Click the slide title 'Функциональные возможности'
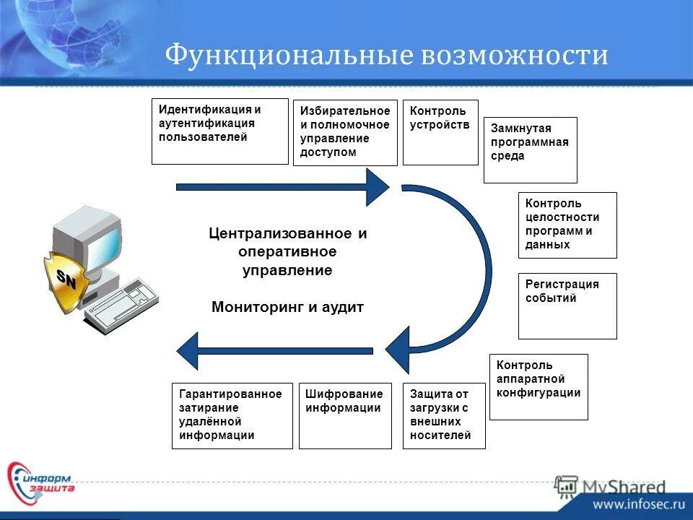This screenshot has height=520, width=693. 386,56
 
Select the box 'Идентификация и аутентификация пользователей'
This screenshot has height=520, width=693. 219,131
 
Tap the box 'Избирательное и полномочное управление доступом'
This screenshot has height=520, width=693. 345,133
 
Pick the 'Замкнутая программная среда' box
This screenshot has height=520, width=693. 530,149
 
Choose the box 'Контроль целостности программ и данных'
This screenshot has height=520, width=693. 567,225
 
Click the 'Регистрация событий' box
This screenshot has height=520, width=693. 567,305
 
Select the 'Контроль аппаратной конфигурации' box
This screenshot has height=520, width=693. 539,386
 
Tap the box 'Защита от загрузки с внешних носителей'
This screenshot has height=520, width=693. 444,415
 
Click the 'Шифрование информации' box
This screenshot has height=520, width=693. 344,415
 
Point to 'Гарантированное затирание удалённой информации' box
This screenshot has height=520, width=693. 232,415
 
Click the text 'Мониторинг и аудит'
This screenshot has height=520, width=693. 288,307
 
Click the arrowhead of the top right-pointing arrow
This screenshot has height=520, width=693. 378,187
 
